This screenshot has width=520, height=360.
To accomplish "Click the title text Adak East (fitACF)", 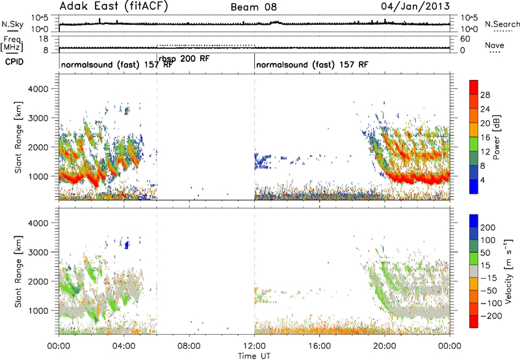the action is (114, 6).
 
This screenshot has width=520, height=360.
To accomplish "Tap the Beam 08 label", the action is (253, 7).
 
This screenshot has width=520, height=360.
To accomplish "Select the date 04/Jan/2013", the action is (415, 6).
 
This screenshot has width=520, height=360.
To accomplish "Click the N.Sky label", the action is (12, 24).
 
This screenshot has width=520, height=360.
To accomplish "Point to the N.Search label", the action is (502, 24).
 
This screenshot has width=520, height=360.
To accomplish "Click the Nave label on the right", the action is (495, 45).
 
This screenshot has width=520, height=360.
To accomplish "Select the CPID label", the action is (14, 62).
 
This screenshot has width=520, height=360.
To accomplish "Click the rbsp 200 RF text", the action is (184, 58).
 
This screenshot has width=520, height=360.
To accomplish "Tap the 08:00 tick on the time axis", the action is (189, 346).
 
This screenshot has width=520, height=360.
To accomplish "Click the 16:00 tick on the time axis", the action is (319, 346).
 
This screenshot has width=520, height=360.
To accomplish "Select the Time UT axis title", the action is (254, 355).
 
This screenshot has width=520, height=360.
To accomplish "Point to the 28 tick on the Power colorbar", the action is (485, 95).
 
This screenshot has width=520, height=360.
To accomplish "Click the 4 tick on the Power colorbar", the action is (483, 181).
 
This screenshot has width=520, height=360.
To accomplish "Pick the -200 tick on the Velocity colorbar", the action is (491, 316).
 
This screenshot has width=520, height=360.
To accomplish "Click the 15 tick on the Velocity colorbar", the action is (485, 266).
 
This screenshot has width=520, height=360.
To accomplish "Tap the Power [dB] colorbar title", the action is (497, 137).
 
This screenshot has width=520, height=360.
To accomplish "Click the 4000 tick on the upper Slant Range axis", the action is (38, 89).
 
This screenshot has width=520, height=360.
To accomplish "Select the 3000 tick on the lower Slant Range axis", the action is (38, 252).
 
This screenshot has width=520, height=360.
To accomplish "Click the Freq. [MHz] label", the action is (12, 44).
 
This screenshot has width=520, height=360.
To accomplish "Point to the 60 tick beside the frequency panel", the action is (465, 39).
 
